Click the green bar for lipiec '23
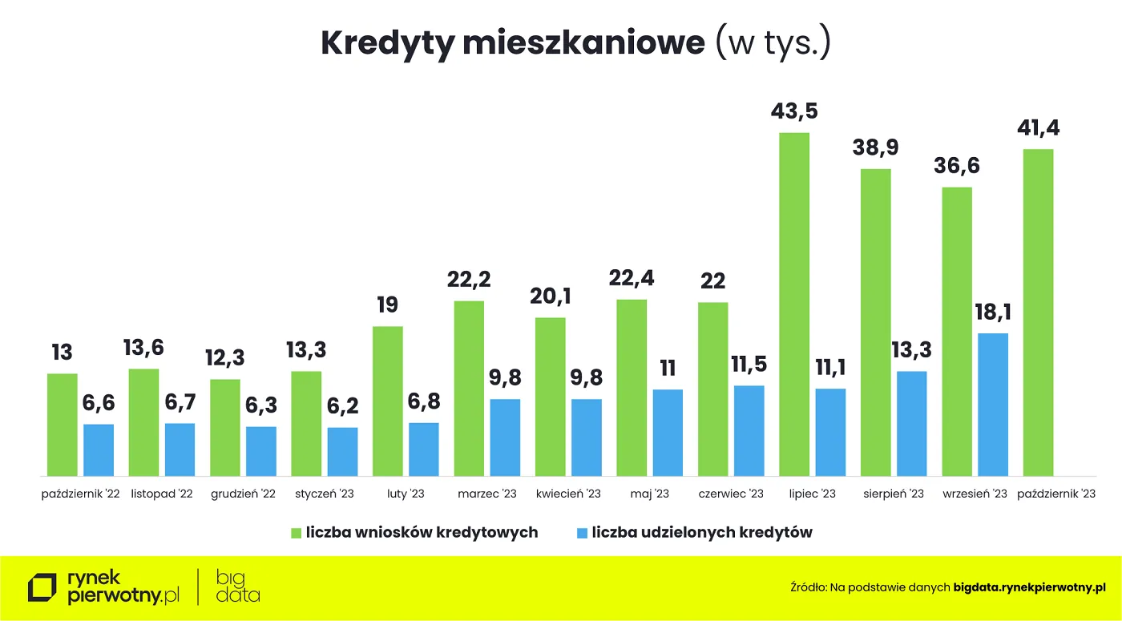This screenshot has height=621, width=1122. pyautogui.click(x=793, y=304)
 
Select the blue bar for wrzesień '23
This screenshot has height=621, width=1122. pyautogui.click(x=993, y=405)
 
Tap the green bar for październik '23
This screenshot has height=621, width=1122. pyautogui.click(x=1038, y=313)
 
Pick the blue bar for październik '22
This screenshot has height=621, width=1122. pyautogui.click(x=99, y=450)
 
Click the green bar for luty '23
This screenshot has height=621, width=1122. pyautogui.click(x=388, y=401)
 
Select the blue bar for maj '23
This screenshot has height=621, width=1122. pyautogui.click(x=668, y=433)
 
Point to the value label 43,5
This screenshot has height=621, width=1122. pyautogui.click(x=794, y=111)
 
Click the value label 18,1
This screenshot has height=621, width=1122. pyautogui.click(x=993, y=313)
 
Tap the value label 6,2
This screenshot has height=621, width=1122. pyautogui.click(x=342, y=407)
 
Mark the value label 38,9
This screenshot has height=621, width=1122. pyautogui.click(x=875, y=147)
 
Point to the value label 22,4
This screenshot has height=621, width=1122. pyautogui.click(x=632, y=279)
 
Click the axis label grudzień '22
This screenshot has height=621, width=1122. pyautogui.click(x=243, y=494)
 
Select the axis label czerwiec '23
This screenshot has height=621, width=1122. pyautogui.click(x=731, y=494)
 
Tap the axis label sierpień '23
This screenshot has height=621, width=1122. pyautogui.click(x=894, y=494)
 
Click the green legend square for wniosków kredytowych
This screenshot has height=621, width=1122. pyautogui.click(x=297, y=533)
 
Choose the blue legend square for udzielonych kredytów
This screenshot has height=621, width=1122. pyautogui.click(x=583, y=533)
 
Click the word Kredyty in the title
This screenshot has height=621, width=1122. pyautogui.click(x=387, y=43)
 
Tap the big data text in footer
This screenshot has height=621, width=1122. pyautogui.click(x=238, y=587)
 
